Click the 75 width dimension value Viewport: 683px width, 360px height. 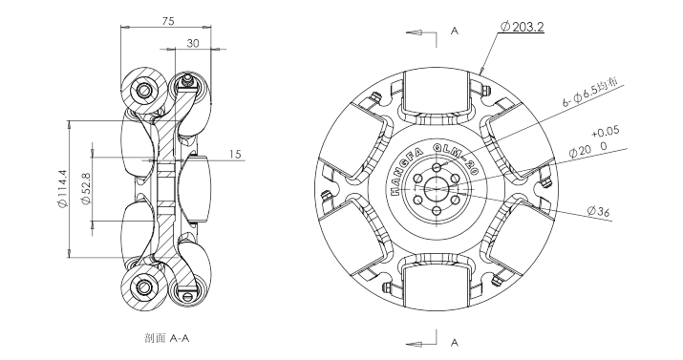coord(168,21)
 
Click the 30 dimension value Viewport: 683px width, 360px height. coord(193,43)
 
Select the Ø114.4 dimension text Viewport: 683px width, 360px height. coord(62,188)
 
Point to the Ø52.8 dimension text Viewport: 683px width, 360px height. coord(85,188)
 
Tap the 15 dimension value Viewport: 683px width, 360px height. coord(235,154)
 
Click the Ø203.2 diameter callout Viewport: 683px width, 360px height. coord(523,27)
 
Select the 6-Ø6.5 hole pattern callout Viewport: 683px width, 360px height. coord(592,93)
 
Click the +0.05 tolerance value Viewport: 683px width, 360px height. coord(605,132)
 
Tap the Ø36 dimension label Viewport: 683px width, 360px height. coord(598,212)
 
